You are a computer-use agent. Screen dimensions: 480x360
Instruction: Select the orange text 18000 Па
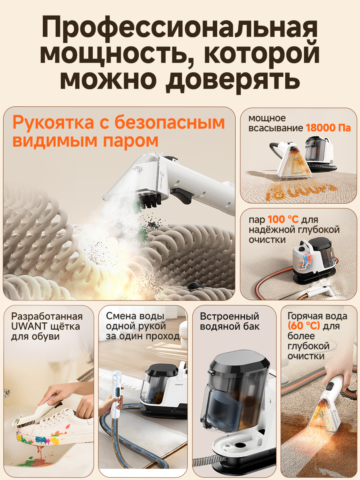click(328, 128)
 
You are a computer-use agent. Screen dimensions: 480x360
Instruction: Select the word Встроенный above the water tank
click(229, 316)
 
